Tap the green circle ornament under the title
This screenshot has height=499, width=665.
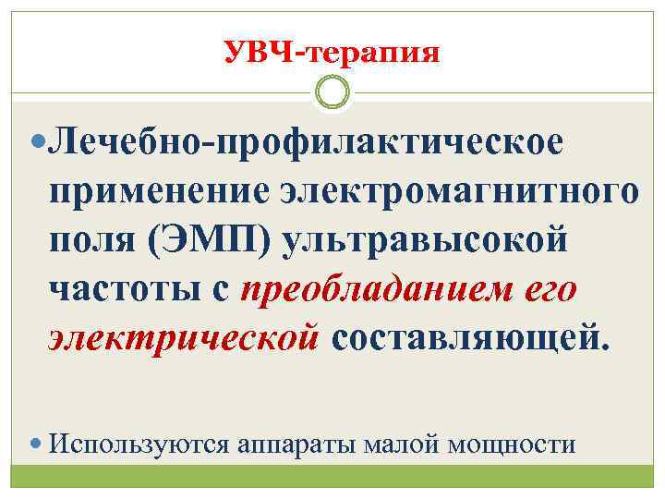pyautogui.click(x=332, y=92)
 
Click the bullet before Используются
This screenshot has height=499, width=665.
pyautogui.click(x=37, y=444)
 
